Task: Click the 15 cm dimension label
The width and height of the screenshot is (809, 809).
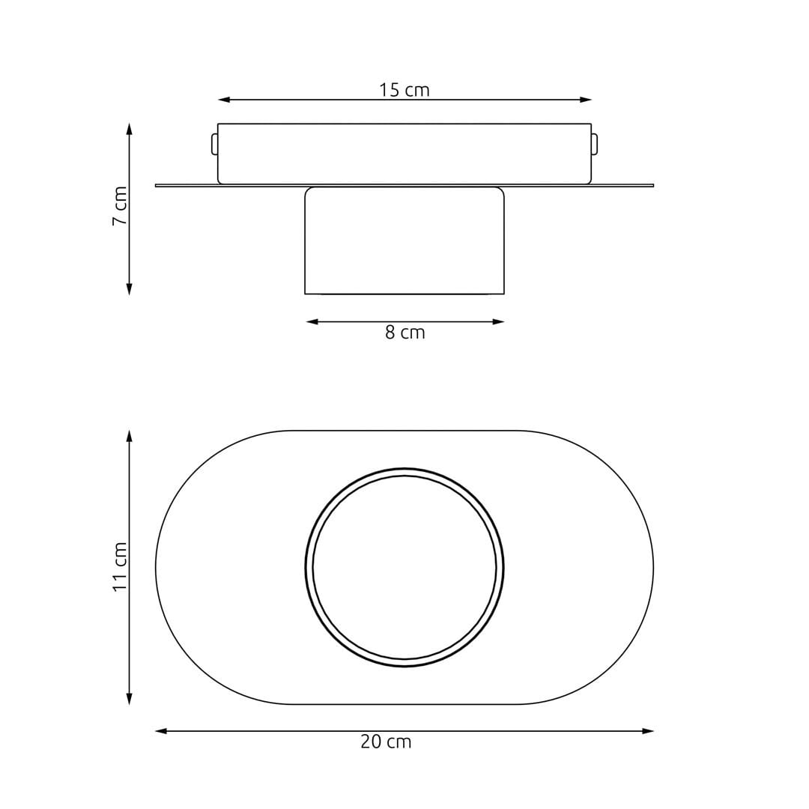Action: [x=404, y=90]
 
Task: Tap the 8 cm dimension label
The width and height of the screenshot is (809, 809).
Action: [x=404, y=333]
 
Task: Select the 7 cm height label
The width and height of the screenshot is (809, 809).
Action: [x=120, y=207]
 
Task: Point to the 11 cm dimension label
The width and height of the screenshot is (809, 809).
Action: [x=120, y=567]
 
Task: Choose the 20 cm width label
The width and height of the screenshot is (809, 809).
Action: [x=386, y=742]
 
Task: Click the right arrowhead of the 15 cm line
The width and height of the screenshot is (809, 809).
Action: [x=587, y=100]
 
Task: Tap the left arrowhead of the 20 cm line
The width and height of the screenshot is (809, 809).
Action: [x=160, y=731]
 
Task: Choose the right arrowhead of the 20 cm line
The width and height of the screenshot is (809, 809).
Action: [x=649, y=731]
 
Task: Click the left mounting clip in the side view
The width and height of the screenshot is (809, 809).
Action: [x=214, y=144]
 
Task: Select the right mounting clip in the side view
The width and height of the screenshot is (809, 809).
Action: [x=595, y=144]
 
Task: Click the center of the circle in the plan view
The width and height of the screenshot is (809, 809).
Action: [x=404, y=568]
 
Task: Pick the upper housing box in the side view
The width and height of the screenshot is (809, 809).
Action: [x=404, y=153]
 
